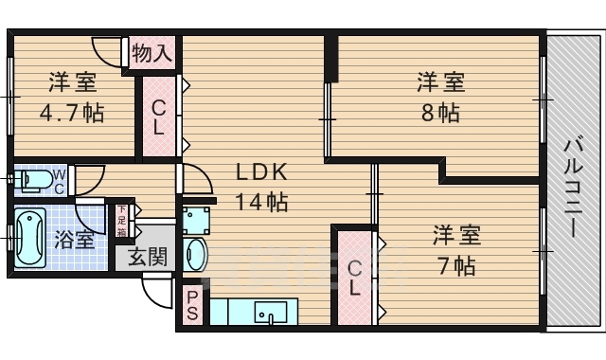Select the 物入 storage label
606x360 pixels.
coord(151,53)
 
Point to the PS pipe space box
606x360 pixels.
coord(192,307)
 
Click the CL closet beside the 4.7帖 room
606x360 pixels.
coord(158,116)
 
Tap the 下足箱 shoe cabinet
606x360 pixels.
coord(122,221)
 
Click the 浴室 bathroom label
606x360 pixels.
coord(74,237)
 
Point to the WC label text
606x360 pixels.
coord(59,179)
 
